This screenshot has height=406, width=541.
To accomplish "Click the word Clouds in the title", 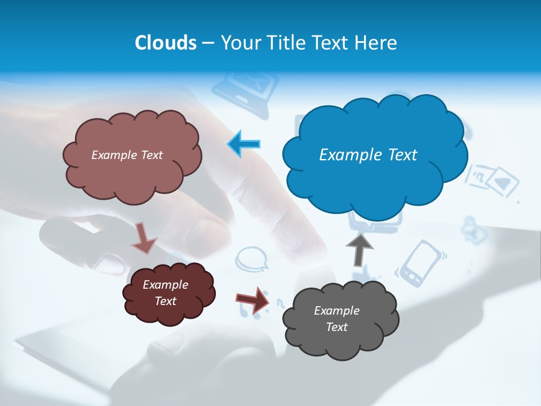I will point(166,43).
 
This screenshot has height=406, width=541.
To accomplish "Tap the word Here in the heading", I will point(376,43).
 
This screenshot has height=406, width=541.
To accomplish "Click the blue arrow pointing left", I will point(244,144).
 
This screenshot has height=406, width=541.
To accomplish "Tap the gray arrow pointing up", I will point(359,248).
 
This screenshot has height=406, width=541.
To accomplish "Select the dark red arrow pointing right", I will point(253,299).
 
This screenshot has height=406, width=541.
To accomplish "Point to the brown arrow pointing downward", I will point(144,238).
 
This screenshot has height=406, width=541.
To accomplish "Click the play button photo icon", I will point(502,182).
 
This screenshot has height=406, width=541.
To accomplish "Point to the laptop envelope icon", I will point(246,86).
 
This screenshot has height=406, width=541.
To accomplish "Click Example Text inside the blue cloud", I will point(368,155).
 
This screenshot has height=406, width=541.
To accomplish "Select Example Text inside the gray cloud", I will point(336,319).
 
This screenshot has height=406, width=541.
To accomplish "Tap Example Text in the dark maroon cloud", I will point(165,293).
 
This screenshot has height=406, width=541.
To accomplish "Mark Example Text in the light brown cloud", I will point(127,155).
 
